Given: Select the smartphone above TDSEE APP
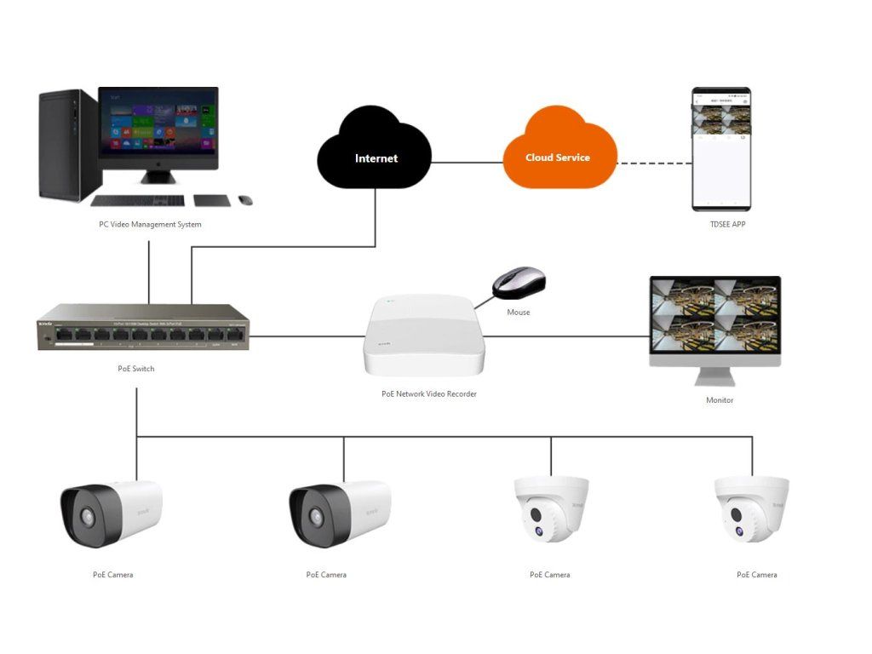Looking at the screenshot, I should pyautogui.click(x=720, y=148).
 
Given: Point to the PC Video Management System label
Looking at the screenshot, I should pyautogui.click(x=150, y=225).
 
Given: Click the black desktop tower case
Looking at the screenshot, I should pyautogui.click(x=68, y=145).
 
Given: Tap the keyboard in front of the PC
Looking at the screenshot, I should pyautogui.click(x=137, y=201).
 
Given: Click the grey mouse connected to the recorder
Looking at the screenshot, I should pyautogui.click(x=519, y=283).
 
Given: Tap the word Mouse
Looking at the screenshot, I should pyautogui.click(x=519, y=313).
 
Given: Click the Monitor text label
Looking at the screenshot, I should pyautogui.click(x=720, y=400).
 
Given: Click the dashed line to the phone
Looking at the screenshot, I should pyautogui.click(x=654, y=162).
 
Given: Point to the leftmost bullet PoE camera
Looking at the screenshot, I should pyautogui.click(x=110, y=513).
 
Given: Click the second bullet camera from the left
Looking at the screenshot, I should pyautogui.click(x=339, y=513).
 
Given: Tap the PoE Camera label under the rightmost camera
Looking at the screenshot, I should pyautogui.click(x=757, y=575).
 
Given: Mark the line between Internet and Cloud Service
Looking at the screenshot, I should pyautogui.click(x=468, y=162).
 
